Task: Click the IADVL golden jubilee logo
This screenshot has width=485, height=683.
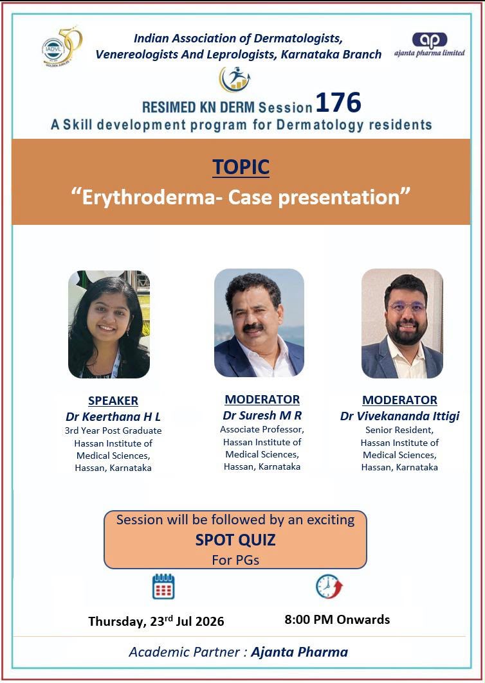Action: click(62, 46)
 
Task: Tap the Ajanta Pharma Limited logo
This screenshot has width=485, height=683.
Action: click(430, 45)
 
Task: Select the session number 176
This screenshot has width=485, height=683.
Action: click(338, 103)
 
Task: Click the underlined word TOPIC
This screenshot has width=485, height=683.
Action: click(241, 167)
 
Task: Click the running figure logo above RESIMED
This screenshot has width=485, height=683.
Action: click(235, 79)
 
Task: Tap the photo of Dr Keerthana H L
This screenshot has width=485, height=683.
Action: click(109, 324)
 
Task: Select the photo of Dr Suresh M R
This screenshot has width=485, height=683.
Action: click(259, 323)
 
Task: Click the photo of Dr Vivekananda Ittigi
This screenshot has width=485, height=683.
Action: click(402, 323)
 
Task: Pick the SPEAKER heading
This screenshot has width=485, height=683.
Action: click(113, 401)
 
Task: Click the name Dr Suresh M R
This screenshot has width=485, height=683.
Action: click(262, 416)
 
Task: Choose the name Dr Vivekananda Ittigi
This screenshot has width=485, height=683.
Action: click(399, 416)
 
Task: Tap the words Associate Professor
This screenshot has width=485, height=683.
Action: click(262, 429)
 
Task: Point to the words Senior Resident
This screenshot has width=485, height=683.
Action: click(399, 430)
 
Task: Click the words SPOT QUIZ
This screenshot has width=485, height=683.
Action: click(235, 540)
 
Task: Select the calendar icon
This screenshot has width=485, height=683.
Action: click(163, 587)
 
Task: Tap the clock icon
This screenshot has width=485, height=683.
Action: click(329, 586)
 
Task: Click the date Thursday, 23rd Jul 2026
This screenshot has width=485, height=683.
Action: click(156, 621)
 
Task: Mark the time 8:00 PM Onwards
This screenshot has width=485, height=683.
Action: click(337, 619)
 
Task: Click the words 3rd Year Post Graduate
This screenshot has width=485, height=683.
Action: click(113, 430)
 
